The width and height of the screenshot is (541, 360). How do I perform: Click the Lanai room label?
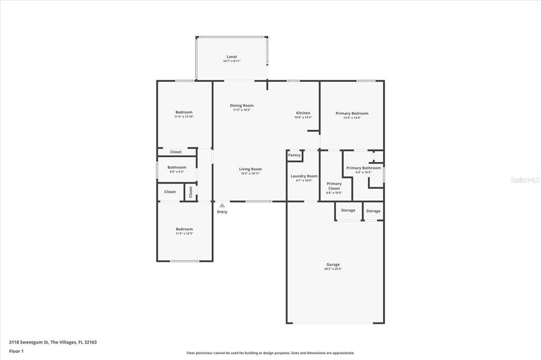(231, 56)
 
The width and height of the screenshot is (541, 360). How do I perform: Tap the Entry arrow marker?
(222, 205)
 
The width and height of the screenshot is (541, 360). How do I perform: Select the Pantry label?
(294, 155)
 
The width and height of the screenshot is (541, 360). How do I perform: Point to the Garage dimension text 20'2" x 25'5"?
(333, 269)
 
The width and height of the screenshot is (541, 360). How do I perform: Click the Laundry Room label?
(304, 176)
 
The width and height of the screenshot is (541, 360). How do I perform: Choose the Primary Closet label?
(334, 186)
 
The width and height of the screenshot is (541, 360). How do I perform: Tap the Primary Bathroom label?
(363, 168)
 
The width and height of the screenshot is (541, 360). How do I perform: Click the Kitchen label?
(303, 113)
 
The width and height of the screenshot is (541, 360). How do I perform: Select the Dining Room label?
(241, 106)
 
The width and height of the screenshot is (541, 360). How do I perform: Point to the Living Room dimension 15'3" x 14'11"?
(250, 173)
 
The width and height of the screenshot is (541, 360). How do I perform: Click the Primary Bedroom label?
(352, 113)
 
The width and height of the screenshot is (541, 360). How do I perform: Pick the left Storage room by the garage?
(348, 211)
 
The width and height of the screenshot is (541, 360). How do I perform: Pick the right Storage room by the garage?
(373, 211)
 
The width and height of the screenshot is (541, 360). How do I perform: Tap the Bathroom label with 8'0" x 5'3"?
(177, 167)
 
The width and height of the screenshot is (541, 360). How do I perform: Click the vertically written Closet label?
(191, 192)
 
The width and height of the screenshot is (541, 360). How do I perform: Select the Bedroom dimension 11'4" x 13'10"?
(184, 117)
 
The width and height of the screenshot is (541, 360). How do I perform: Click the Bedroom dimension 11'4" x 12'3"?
(184, 233)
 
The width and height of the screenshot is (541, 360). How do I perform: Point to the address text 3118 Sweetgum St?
(29, 342)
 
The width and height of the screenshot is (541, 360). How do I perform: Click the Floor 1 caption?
(16, 351)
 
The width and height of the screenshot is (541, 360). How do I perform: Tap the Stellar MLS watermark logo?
(525, 180)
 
